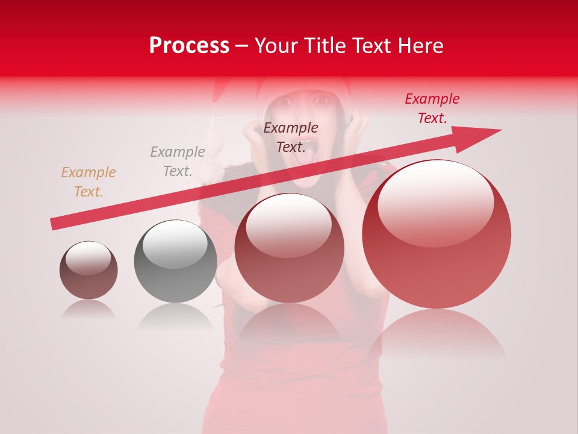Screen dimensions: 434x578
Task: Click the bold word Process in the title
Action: coord(189,46)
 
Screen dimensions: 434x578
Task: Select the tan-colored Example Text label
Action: coord(89,182)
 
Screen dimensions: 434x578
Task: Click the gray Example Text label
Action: coord(178,162)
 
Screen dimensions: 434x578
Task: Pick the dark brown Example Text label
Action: coord(291,137)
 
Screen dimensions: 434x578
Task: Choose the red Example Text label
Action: coord(432,108)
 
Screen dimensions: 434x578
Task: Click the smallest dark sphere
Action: coord(89,270)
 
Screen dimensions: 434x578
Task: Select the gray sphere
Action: coord(175,261)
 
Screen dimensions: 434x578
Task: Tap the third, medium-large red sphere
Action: coord(289,248)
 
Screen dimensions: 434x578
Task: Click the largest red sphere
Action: coord(437,234)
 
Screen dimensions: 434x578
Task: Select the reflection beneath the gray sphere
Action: coord(175,316)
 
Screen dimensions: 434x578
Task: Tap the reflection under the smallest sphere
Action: coord(89,309)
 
